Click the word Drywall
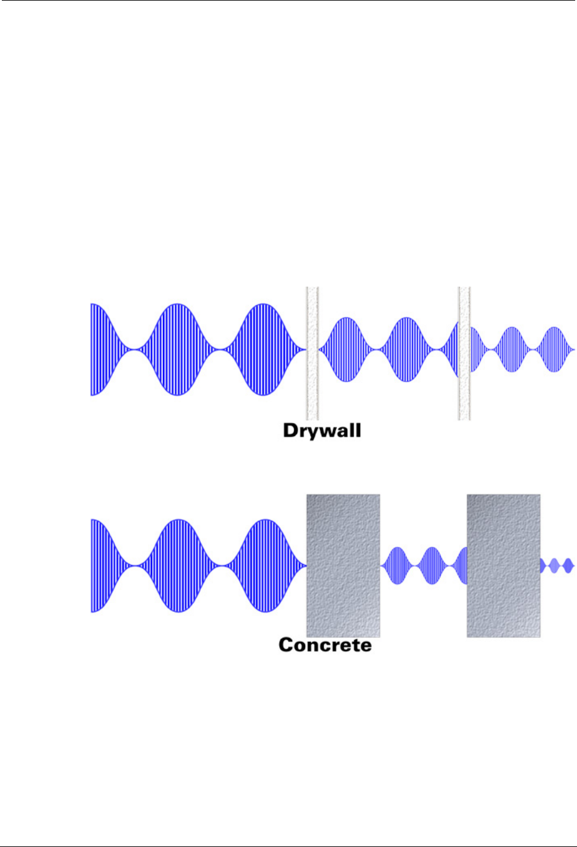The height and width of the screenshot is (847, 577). pyautogui.click(x=322, y=431)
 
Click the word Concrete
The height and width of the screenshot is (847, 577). pyautogui.click(x=325, y=645)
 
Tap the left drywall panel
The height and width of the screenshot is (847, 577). pyautogui.click(x=312, y=353)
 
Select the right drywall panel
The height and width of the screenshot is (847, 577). pyautogui.click(x=464, y=353)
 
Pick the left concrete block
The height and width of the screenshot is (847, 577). pyautogui.click(x=343, y=565)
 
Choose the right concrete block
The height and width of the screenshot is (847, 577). pyautogui.click(x=503, y=565)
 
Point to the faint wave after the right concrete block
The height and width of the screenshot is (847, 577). pyautogui.click(x=557, y=565)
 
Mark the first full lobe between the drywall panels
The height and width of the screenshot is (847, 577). pyautogui.click(x=347, y=350)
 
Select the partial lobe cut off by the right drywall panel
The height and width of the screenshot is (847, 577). pyautogui.click(x=453, y=350)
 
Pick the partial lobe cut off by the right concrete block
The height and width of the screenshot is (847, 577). pyautogui.click(x=462, y=565)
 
